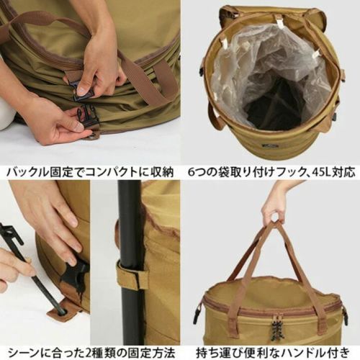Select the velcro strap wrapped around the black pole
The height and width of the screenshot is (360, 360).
point(132,276)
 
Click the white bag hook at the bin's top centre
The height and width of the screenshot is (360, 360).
point(279,23)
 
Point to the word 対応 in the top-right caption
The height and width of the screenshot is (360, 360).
point(343,172)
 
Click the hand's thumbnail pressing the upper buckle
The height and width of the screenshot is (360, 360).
point(81,91)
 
